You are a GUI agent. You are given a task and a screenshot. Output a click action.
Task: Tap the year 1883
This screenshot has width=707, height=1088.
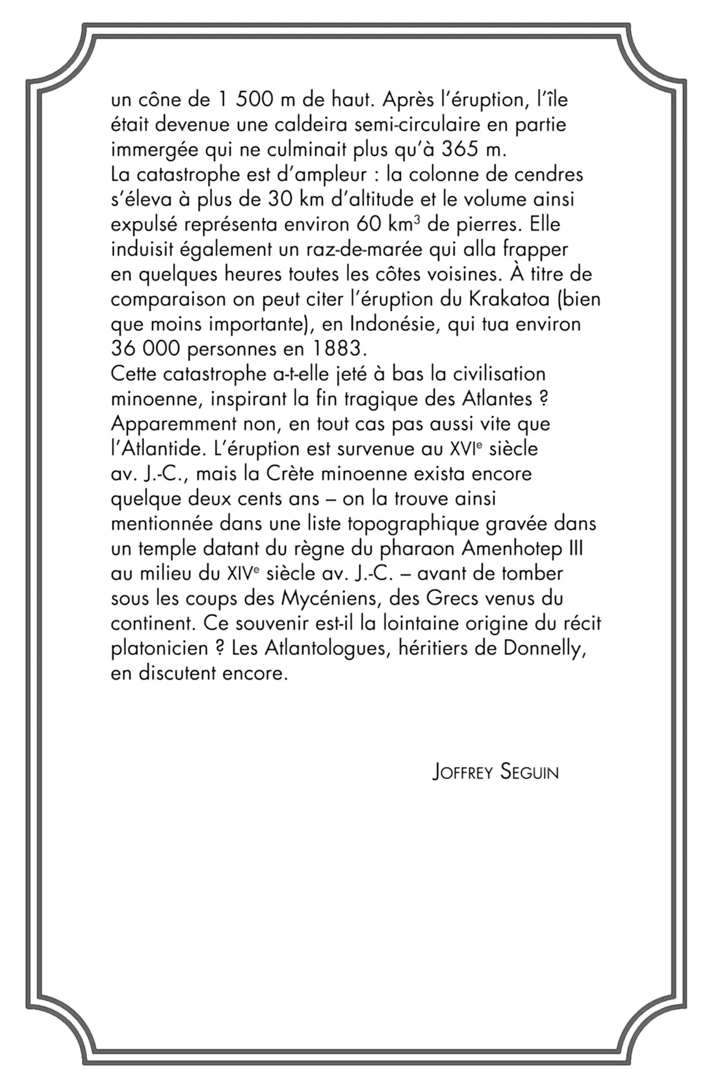341,349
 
